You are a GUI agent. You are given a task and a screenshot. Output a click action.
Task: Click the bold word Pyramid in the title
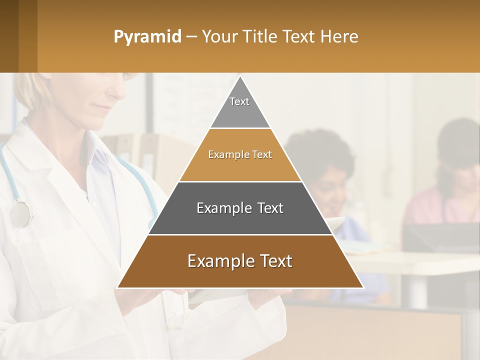pos(147,37)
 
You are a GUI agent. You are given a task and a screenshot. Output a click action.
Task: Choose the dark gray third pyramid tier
pos(240,220)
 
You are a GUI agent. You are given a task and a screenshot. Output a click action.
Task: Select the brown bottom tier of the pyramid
pos(240,272)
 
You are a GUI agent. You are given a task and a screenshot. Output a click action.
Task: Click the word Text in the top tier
pos(239,101)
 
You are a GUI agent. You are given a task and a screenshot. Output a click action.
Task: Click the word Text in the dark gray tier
pos(267,208)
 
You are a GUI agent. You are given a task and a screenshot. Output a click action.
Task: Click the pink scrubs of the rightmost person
pos(440,210)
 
